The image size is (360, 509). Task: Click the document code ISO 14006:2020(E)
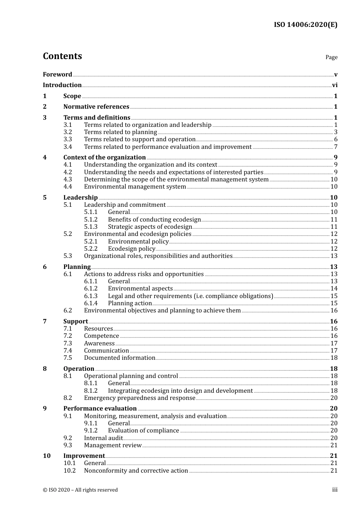(x=305, y=25)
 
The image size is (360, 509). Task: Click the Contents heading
(x=62, y=56)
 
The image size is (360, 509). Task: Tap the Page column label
(x=331, y=57)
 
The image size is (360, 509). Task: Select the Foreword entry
(x=57, y=74)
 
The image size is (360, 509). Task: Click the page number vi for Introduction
(x=335, y=85)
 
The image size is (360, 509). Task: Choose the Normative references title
(x=96, y=107)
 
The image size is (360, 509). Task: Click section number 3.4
(x=67, y=147)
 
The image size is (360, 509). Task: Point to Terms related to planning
(x=121, y=132)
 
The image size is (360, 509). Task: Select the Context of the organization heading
(x=105, y=157)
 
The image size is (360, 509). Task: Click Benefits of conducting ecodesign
(x=154, y=220)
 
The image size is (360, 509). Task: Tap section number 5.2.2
(x=91, y=249)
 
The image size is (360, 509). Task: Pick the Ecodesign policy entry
(x=131, y=249)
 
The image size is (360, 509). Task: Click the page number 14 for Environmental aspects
(x=334, y=289)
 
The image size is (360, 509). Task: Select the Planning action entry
(x=130, y=303)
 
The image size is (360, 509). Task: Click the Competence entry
(x=102, y=336)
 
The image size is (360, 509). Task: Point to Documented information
(x=120, y=358)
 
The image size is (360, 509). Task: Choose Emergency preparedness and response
(x=139, y=398)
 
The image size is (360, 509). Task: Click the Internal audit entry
(x=103, y=438)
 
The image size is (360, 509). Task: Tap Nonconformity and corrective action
(x=136, y=471)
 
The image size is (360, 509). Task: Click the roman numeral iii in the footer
(x=335, y=490)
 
